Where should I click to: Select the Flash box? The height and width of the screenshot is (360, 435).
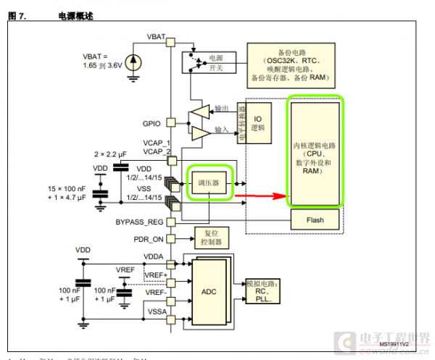click(x=315, y=219)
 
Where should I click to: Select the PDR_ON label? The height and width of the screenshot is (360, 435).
click(x=149, y=238)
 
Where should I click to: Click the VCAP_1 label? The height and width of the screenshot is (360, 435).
click(x=157, y=143)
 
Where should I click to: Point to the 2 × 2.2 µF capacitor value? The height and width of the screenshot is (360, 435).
click(x=111, y=155)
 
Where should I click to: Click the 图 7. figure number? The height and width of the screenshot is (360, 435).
click(x=17, y=15)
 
